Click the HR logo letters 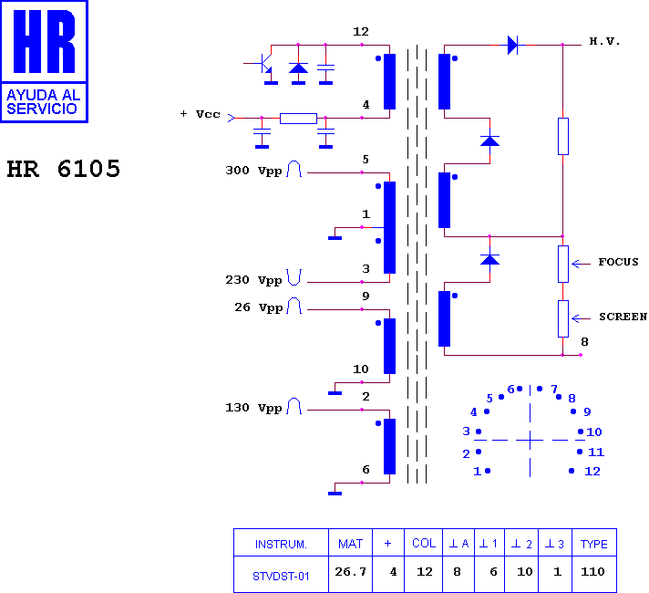(45, 41)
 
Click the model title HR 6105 (63, 169)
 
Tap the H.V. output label (604, 41)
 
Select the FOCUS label (618, 262)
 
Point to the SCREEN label (623, 317)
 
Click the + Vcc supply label (201, 114)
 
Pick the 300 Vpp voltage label (253, 171)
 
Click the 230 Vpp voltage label (253, 280)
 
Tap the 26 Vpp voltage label (259, 307)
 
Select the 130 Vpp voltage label (253, 408)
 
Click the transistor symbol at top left (263, 63)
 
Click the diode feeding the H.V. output (513, 45)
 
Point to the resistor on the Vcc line (298, 118)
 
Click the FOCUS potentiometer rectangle (563, 264)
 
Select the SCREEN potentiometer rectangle (563, 318)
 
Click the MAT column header (350, 544)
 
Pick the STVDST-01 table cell (281, 576)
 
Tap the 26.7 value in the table (350, 572)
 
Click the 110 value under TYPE (592, 572)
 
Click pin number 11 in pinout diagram (596, 453)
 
